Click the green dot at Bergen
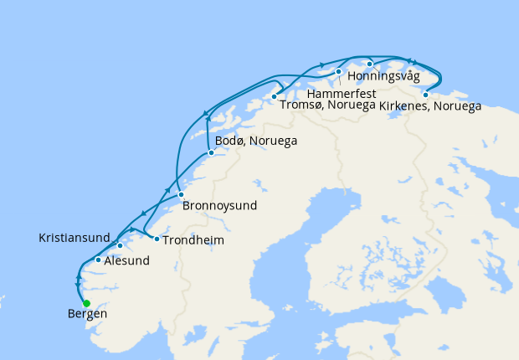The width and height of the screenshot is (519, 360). [x=86, y=303]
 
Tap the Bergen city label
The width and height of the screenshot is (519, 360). [x=86, y=315]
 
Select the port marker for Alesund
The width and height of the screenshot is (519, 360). [x=99, y=260]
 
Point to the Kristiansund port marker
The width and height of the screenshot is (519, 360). [x=120, y=245]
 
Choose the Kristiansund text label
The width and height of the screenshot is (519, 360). [x=74, y=239]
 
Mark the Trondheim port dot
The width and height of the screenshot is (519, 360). [x=157, y=239]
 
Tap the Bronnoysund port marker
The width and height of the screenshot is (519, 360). [x=181, y=194]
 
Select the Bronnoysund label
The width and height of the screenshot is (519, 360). [x=219, y=205]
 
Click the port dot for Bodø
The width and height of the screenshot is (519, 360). [x=211, y=152]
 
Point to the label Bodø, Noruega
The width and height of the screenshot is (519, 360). [x=256, y=141]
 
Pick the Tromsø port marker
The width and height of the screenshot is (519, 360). [x=274, y=97]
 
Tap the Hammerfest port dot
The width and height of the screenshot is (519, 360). [x=338, y=71]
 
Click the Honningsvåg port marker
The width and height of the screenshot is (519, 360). [x=369, y=64]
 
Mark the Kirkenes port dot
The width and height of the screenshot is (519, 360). [x=425, y=94]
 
